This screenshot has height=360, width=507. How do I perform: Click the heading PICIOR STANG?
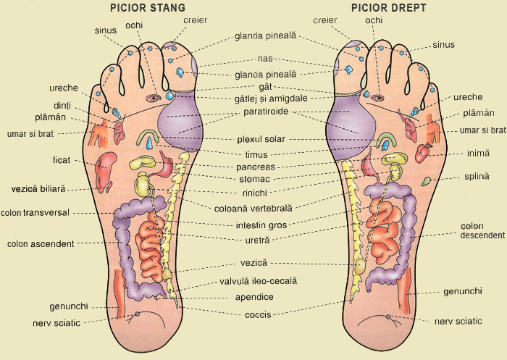(148, 7)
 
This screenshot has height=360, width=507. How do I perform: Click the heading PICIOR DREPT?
(389, 7)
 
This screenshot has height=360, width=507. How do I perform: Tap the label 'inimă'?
(478, 153)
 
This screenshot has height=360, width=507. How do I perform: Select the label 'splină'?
(477, 177)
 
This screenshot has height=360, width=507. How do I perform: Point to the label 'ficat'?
(62, 160)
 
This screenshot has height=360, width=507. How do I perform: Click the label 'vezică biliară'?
(38, 188)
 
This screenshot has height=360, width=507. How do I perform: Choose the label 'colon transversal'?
(35, 212)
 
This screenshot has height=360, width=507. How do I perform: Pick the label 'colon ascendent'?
(41, 243)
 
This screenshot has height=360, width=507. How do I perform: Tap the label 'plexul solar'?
(261, 139)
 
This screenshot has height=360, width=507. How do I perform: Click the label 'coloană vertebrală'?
(253, 209)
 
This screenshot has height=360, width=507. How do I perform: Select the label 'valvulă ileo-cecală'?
(259, 281)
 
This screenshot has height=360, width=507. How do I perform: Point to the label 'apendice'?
(254, 297)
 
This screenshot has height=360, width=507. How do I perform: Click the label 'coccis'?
(258, 314)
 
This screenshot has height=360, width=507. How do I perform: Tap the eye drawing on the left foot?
(154, 98)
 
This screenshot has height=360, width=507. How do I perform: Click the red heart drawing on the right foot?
(422, 153)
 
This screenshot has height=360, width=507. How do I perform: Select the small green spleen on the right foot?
(426, 181)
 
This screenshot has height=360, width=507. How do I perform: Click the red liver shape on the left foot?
(106, 172)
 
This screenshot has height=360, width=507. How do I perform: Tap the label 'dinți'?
(62, 106)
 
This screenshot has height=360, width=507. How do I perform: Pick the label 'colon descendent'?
(482, 230)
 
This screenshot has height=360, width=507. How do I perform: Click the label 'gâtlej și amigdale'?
(271, 99)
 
